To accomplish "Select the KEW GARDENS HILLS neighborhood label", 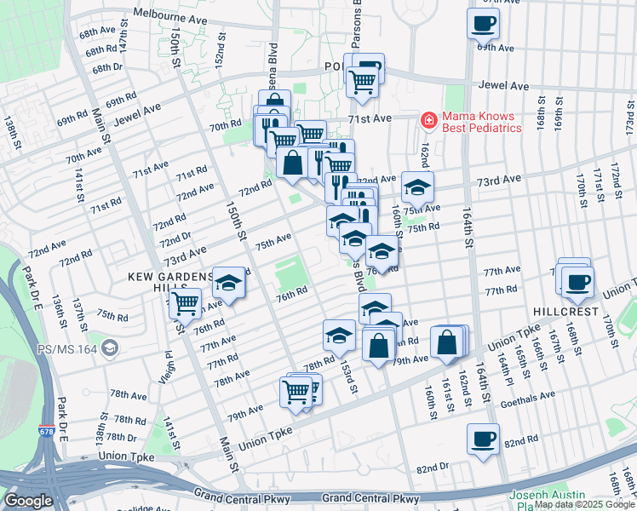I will pyautogui.click(x=171, y=278).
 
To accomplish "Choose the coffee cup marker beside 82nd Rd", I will pyautogui.click(x=483, y=439).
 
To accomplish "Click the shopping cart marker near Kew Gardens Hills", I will pyautogui.click(x=184, y=302).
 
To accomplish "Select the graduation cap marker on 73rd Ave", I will pyautogui.click(x=416, y=187).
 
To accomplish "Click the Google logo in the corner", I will pyautogui.click(x=29, y=501).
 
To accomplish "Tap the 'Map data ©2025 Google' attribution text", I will pyautogui.click(x=584, y=504).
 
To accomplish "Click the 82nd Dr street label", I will pyautogui.click(x=433, y=468).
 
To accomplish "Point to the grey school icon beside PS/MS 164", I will pyautogui.click(x=109, y=347).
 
